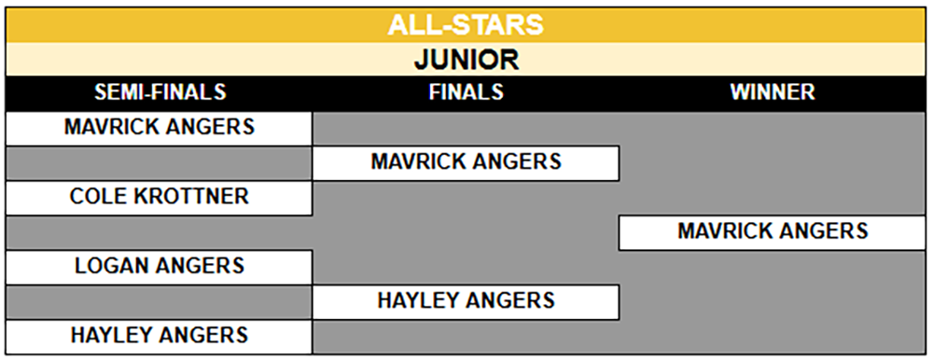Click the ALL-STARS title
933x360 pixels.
pos(466,25)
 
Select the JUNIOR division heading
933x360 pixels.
pos(466,60)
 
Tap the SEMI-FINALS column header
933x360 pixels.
pos(160,92)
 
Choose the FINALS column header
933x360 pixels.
pos(466,92)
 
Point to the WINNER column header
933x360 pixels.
pos(773,92)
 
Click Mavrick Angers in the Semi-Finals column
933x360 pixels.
pos(160,127)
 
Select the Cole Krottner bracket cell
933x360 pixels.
pos(160,197)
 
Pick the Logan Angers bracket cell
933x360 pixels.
pos(160,266)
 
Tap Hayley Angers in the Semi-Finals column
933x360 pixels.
pos(160,335)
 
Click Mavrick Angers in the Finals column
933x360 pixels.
pos(466,161)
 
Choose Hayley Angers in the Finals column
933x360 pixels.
pos(466,300)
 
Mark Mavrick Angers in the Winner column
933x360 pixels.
pos(773,231)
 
